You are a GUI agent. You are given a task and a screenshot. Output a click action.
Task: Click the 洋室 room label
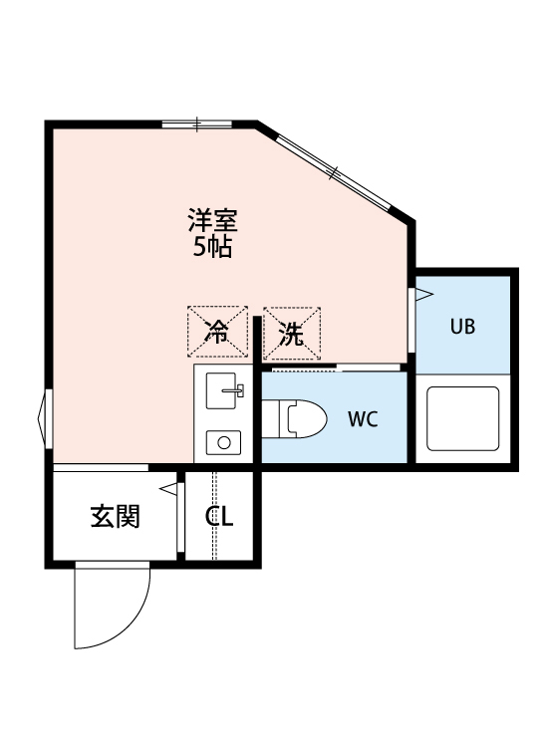[212, 216]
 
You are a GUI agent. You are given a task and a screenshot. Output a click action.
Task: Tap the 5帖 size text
[212, 247]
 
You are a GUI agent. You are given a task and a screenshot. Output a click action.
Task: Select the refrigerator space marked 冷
[217, 333]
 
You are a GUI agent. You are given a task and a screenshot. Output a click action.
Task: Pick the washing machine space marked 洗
[292, 333]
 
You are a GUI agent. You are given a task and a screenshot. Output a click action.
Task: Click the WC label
[362, 418]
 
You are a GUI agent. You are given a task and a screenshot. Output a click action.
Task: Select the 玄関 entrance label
[115, 517]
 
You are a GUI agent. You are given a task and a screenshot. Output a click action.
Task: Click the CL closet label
[219, 517]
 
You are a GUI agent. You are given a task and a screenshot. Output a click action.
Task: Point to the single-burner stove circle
[223, 441]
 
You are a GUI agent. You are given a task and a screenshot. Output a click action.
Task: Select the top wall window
[196, 124]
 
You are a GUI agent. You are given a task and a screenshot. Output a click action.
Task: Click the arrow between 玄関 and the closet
[168, 488]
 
